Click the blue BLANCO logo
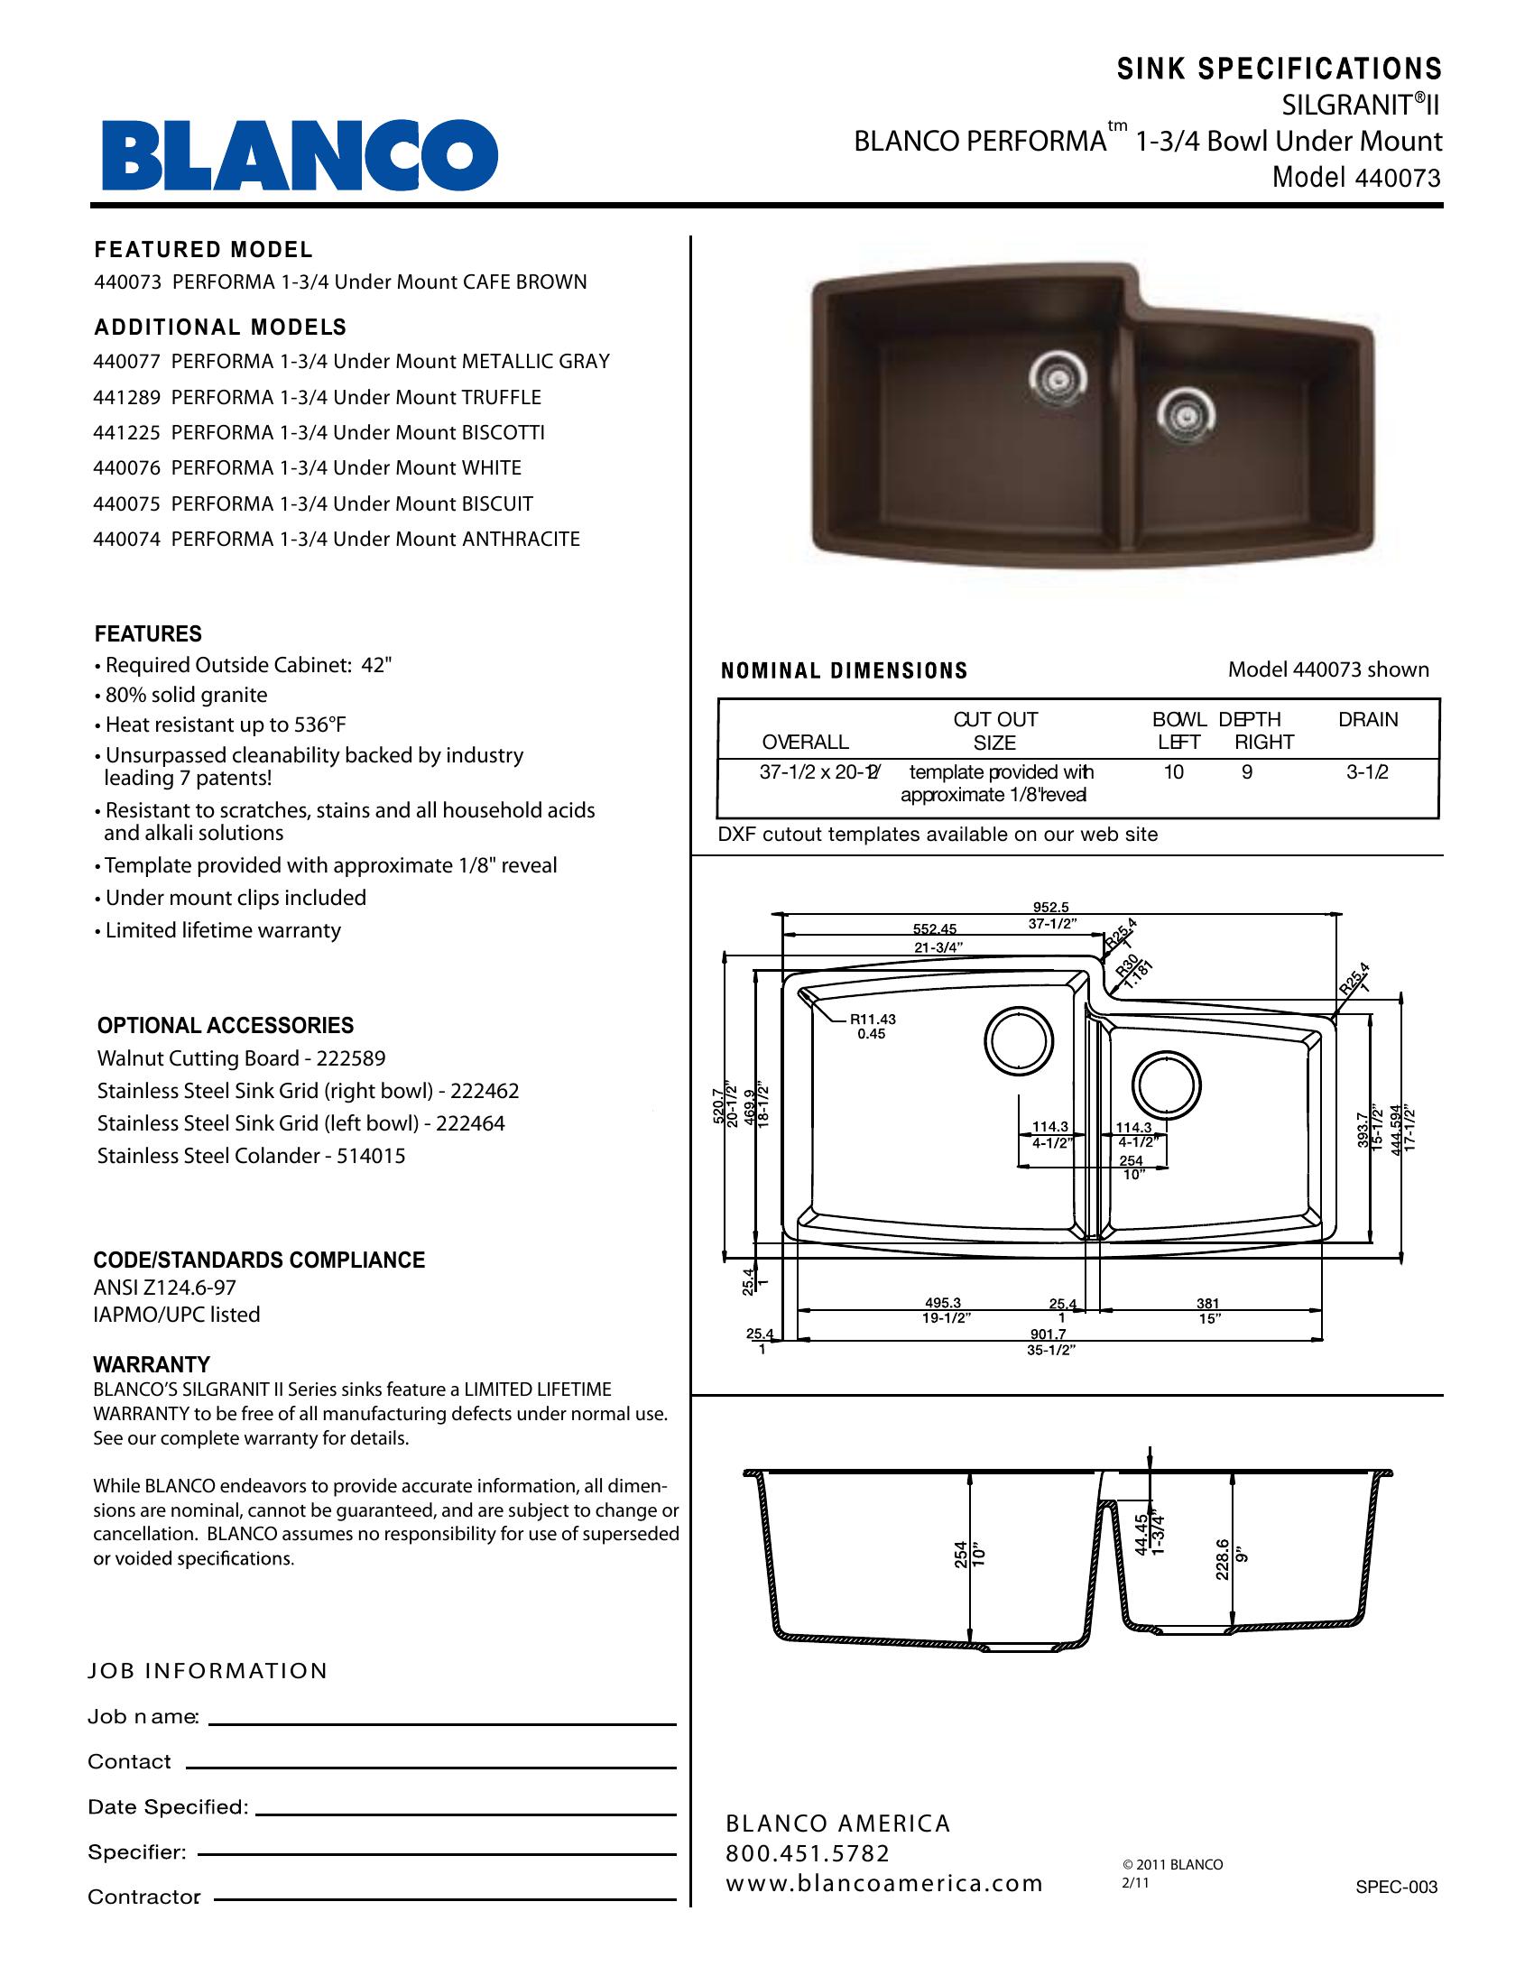pos(300,154)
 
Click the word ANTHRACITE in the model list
pos(521,539)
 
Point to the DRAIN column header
pos(1368,720)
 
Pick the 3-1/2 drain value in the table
pos(1367,772)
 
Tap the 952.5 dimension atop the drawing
pos(1050,907)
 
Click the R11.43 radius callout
pos(873,1020)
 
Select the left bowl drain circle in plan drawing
pos(1019,1039)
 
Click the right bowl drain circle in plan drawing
pos(1166,1085)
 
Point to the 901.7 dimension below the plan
pos(1048,1334)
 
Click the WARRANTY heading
pos(152,1364)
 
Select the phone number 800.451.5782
pos(807,1853)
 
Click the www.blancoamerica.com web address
pos(883,1883)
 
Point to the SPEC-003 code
pos(1396,1887)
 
